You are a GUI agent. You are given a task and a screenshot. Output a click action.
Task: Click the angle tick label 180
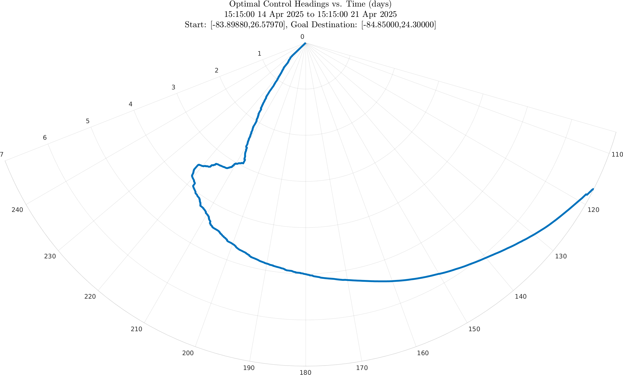[x=305, y=372]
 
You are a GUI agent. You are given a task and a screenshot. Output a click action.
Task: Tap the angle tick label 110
[x=617, y=154]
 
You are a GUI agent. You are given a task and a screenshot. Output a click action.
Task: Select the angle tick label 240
[x=17, y=210]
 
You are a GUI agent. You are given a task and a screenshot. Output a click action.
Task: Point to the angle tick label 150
[x=474, y=329]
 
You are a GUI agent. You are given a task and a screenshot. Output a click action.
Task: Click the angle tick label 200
[x=188, y=353]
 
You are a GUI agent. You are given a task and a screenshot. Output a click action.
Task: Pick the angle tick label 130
[x=561, y=256]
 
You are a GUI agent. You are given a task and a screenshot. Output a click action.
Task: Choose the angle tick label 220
[x=90, y=296]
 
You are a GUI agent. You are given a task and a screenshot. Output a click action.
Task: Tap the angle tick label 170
[x=362, y=368]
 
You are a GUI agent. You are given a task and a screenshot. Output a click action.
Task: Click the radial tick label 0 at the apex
[x=302, y=37]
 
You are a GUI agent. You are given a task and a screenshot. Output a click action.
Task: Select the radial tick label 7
[x=2, y=154]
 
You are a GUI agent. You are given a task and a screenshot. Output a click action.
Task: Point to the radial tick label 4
[x=130, y=104]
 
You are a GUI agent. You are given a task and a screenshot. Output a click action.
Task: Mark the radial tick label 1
[x=259, y=54]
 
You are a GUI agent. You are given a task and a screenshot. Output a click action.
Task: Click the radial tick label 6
[x=45, y=138]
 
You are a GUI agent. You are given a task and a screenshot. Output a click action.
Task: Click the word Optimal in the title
[x=242, y=4]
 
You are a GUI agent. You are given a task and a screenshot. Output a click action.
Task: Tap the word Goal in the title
[x=299, y=25]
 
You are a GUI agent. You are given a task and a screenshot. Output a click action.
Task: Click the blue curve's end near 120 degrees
[x=593, y=189]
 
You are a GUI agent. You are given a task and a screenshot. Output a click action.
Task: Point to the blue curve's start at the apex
[x=305, y=43]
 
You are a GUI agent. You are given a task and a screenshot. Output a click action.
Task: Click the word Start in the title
[x=195, y=25]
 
